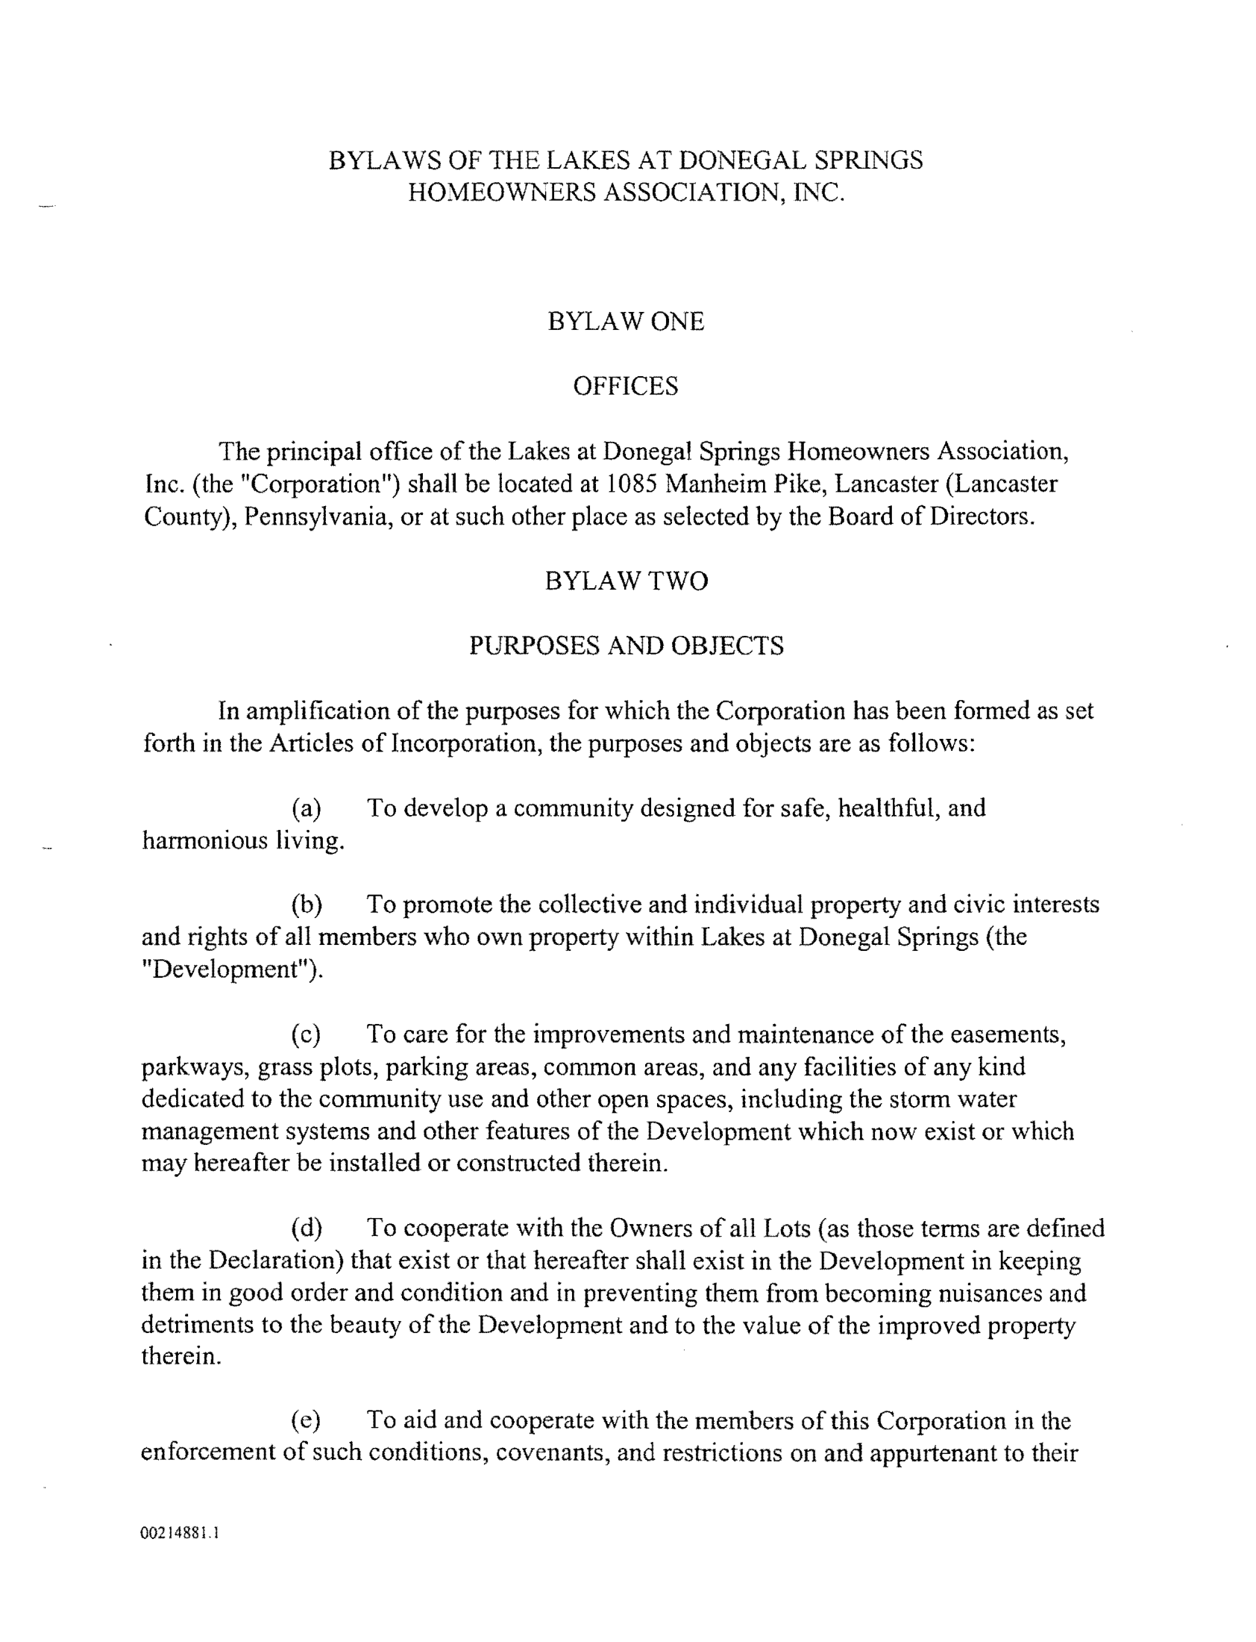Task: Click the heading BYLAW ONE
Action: (626, 322)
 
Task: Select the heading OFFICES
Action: (626, 386)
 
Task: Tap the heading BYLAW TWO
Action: (626, 581)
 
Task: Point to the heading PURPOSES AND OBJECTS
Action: (626, 646)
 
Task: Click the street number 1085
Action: (630, 484)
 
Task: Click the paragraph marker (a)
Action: (306, 808)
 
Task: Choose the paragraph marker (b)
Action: (307, 905)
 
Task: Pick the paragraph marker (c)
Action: (306, 1034)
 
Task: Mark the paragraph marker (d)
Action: (307, 1229)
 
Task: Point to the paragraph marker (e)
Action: (306, 1420)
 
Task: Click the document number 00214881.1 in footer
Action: (180, 1533)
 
